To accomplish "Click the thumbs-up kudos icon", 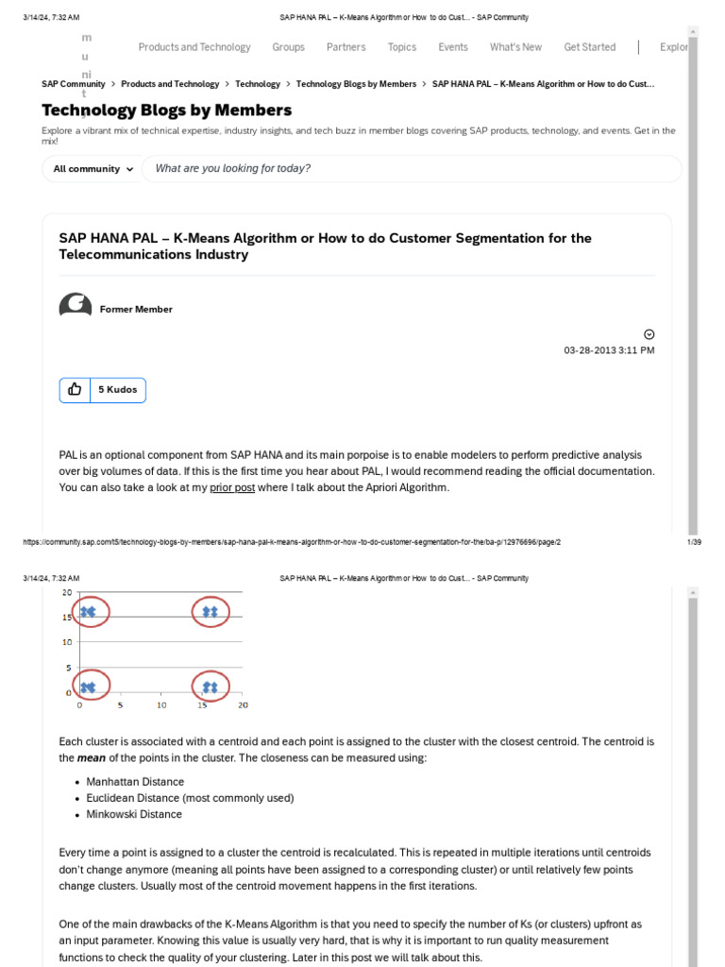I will click(x=75, y=390).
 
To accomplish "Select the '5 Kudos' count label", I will click(x=117, y=390).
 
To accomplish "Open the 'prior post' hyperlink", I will click(x=232, y=487).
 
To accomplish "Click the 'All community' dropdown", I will click(x=93, y=169).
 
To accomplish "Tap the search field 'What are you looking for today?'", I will click(x=411, y=169).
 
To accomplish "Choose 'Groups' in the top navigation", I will click(x=288, y=47).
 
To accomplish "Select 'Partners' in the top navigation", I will click(x=346, y=47).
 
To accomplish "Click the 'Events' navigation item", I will click(x=452, y=47).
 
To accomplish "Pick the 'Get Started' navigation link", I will click(x=589, y=47).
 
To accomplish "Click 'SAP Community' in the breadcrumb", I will click(x=74, y=84).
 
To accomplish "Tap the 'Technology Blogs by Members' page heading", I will click(x=166, y=110).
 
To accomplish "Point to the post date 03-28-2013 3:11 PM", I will click(x=609, y=350).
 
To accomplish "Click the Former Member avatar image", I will click(x=76, y=308).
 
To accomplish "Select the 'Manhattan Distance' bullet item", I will click(x=135, y=782).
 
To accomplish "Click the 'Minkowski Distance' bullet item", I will click(x=134, y=814).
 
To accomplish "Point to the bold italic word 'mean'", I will click(x=91, y=758).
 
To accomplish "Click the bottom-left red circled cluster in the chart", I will click(x=88, y=687).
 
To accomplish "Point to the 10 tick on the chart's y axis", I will click(x=66, y=642).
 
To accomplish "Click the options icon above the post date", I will click(x=649, y=334).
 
